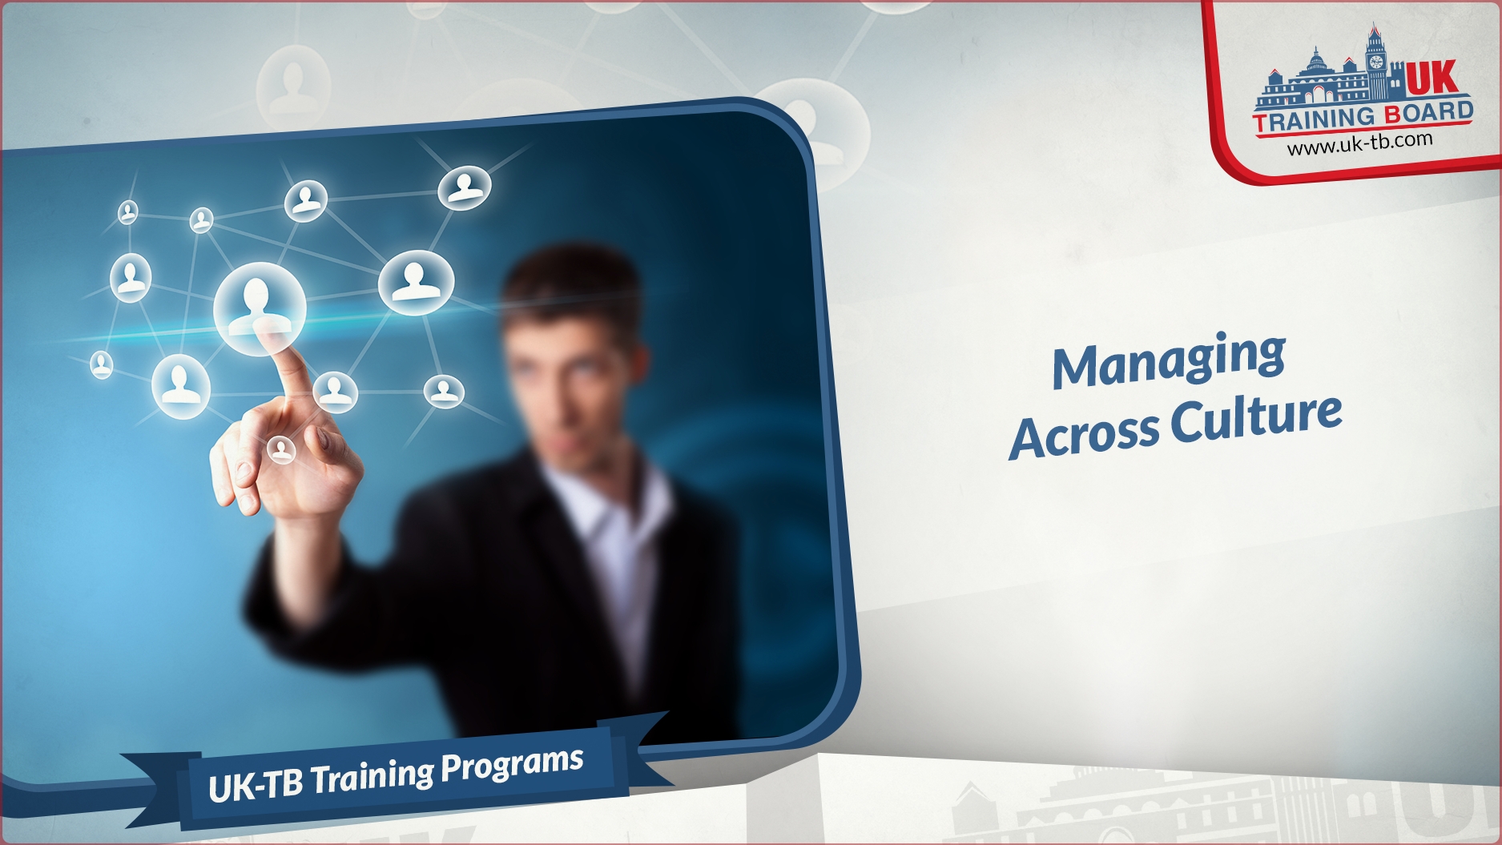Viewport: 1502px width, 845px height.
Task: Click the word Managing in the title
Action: coord(1169,360)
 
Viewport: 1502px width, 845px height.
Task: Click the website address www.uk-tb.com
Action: coord(1359,143)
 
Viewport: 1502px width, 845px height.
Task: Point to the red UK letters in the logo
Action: coord(1432,78)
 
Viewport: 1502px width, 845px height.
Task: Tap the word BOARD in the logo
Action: coord(1429,113)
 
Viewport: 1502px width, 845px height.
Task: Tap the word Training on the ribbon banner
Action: coord(373,777)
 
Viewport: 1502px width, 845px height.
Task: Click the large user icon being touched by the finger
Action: coord(260,308)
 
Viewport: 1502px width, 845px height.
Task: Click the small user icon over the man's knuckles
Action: coord(280,449)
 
